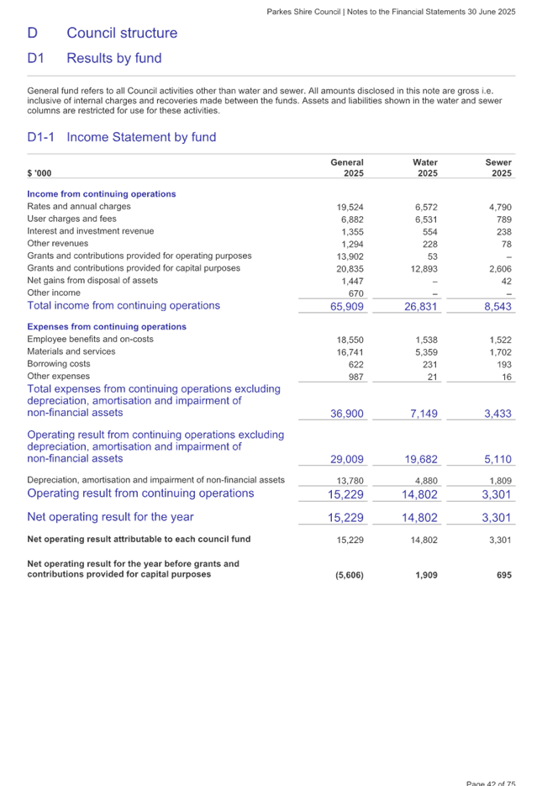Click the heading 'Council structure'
(x=122, y=34)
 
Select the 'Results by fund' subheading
(x=113, y=59)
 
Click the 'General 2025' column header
(x=347, y=166)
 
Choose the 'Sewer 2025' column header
(x=498, y=166)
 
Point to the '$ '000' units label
(x=39, y=172)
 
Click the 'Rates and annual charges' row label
(x=79, y=206)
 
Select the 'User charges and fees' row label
(x=71, y=219)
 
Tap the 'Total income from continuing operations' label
(x=124, y=305)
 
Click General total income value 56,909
(x=347, y=306)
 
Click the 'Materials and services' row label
(x=71, y=351)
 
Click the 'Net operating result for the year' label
(x=110, y=517)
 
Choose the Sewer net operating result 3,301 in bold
(x=497, y=518)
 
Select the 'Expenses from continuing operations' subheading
(x=107, y=327)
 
